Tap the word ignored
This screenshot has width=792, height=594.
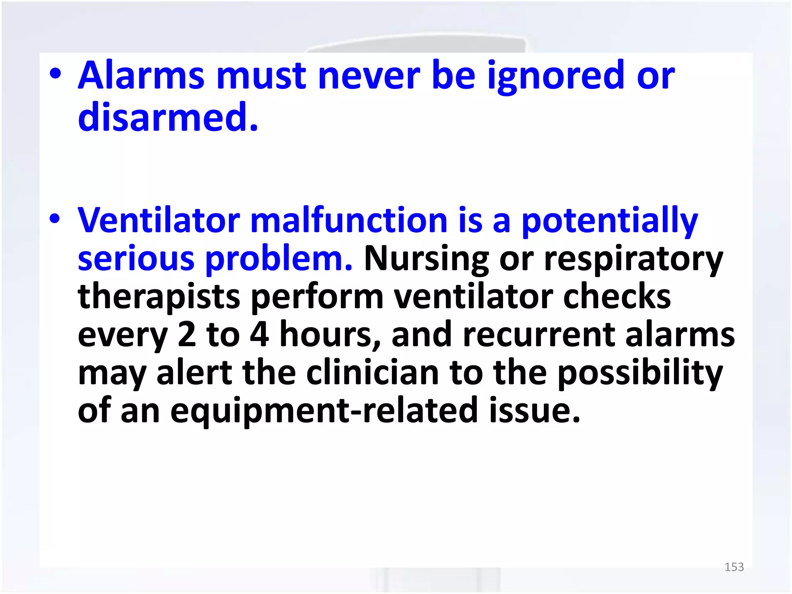pos(556,76)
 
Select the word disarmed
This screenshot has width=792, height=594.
pos(168,117)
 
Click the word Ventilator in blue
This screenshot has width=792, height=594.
pos(159,220)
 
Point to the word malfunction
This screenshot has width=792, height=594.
pos(349,220)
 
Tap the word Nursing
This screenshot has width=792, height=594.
pos(427,259)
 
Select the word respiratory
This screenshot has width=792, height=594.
pos(633,259)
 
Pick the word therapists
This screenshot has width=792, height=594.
pos(159,297)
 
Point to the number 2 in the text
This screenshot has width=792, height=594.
pos(187,335)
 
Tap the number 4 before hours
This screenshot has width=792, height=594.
pos(259,335)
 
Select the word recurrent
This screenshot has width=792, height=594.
pos(538,335)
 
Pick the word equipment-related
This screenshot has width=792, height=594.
pos(324,411)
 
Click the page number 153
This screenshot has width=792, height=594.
pos(734,567)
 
